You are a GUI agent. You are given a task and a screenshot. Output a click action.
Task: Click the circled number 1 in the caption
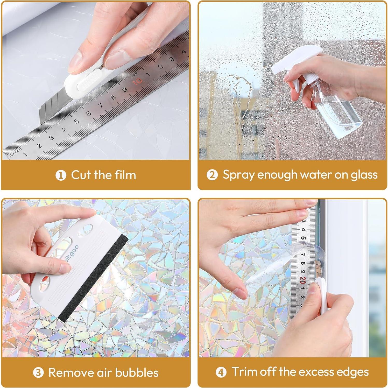[x=61, y=175]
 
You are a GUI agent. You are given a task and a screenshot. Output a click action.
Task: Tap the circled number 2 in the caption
[x=212, y=175]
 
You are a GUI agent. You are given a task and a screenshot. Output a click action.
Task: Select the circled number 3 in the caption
[x=38, y=373]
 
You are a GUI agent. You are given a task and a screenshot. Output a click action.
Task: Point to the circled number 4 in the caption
[x=221, y=372]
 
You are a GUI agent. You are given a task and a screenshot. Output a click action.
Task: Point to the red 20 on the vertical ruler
[x=303, y=280]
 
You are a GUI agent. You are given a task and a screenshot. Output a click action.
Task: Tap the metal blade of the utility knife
[x=52, y=106]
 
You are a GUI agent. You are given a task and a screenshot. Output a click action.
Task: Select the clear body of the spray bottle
[x=337, y=111]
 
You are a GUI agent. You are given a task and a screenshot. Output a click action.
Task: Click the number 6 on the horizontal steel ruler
[x=89, y=113]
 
